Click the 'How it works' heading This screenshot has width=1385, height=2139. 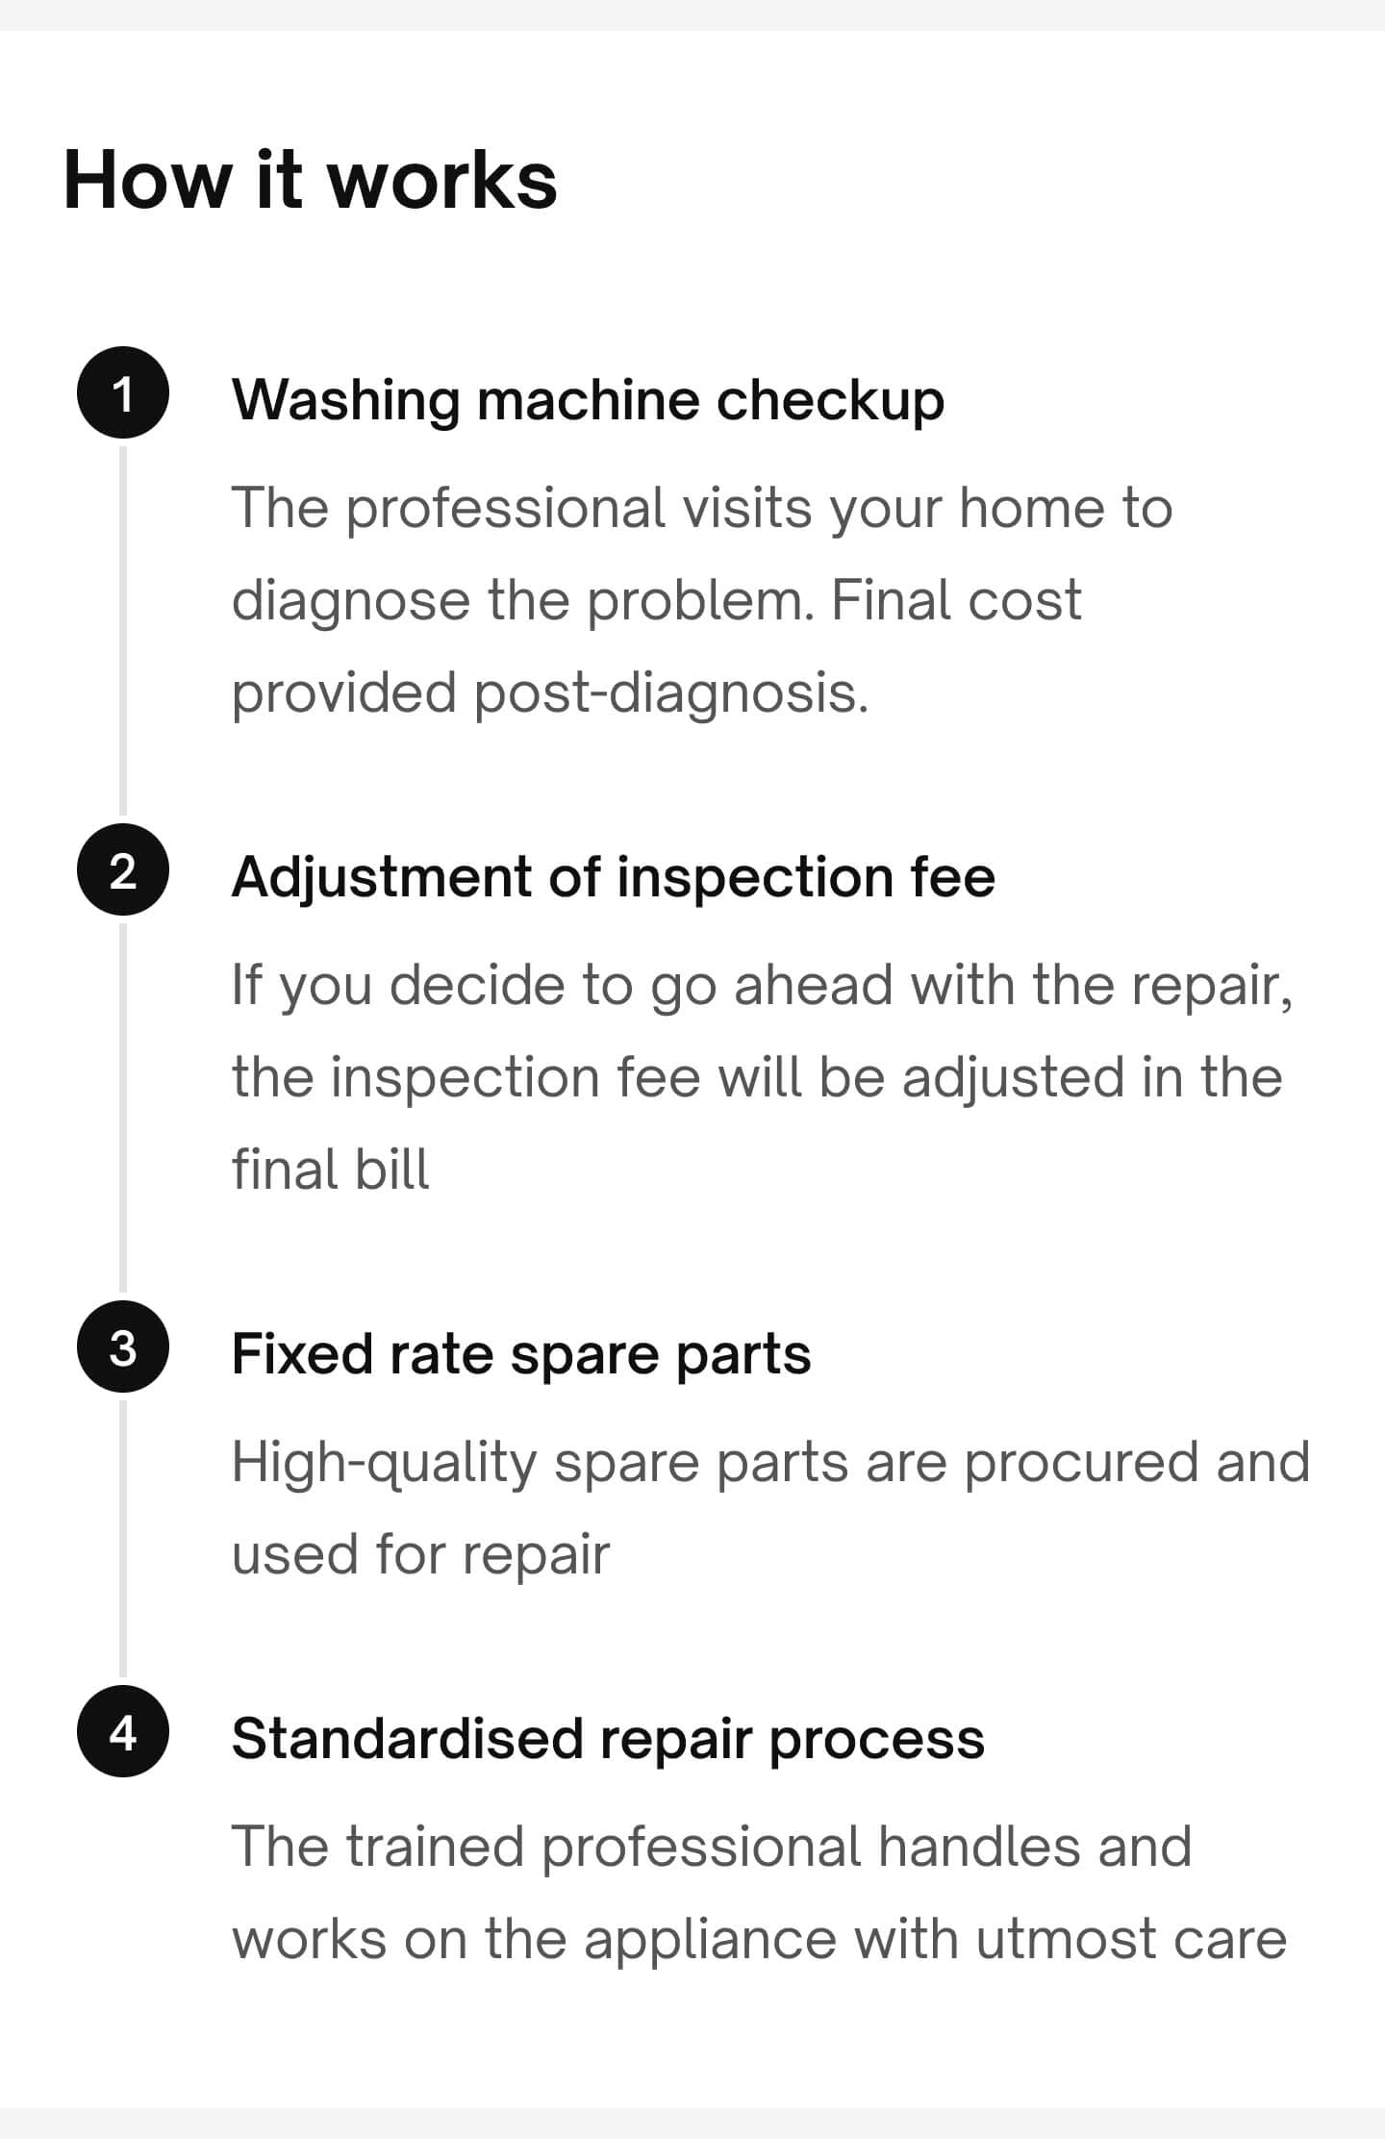[310, 180]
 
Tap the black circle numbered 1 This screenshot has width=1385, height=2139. [123, 393]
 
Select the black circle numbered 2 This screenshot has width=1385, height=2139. [123, 870]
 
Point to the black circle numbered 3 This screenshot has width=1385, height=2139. [123, 1346]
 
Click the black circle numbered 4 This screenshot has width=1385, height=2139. [123, 1731]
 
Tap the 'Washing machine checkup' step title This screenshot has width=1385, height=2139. [588, 400]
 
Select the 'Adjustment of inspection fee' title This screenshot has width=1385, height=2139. [614, 877]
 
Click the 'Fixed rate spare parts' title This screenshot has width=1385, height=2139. [521, 1355]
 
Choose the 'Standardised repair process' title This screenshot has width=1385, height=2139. [608, 1739]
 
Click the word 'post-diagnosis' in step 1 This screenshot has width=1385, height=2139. [670, 693]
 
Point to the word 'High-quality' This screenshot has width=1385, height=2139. [384, 1464]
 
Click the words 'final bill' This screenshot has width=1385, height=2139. [331, 1169]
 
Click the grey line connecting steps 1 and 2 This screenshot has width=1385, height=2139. [123, 631]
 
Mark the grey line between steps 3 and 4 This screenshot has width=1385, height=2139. [123, 1539]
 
